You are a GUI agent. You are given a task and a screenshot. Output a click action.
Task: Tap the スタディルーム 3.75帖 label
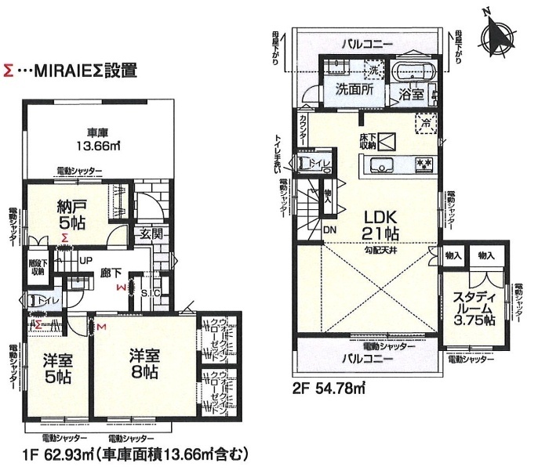473,307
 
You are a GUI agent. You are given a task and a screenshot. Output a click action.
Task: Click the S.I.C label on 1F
151,294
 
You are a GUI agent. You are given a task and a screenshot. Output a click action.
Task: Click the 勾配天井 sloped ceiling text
384,251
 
